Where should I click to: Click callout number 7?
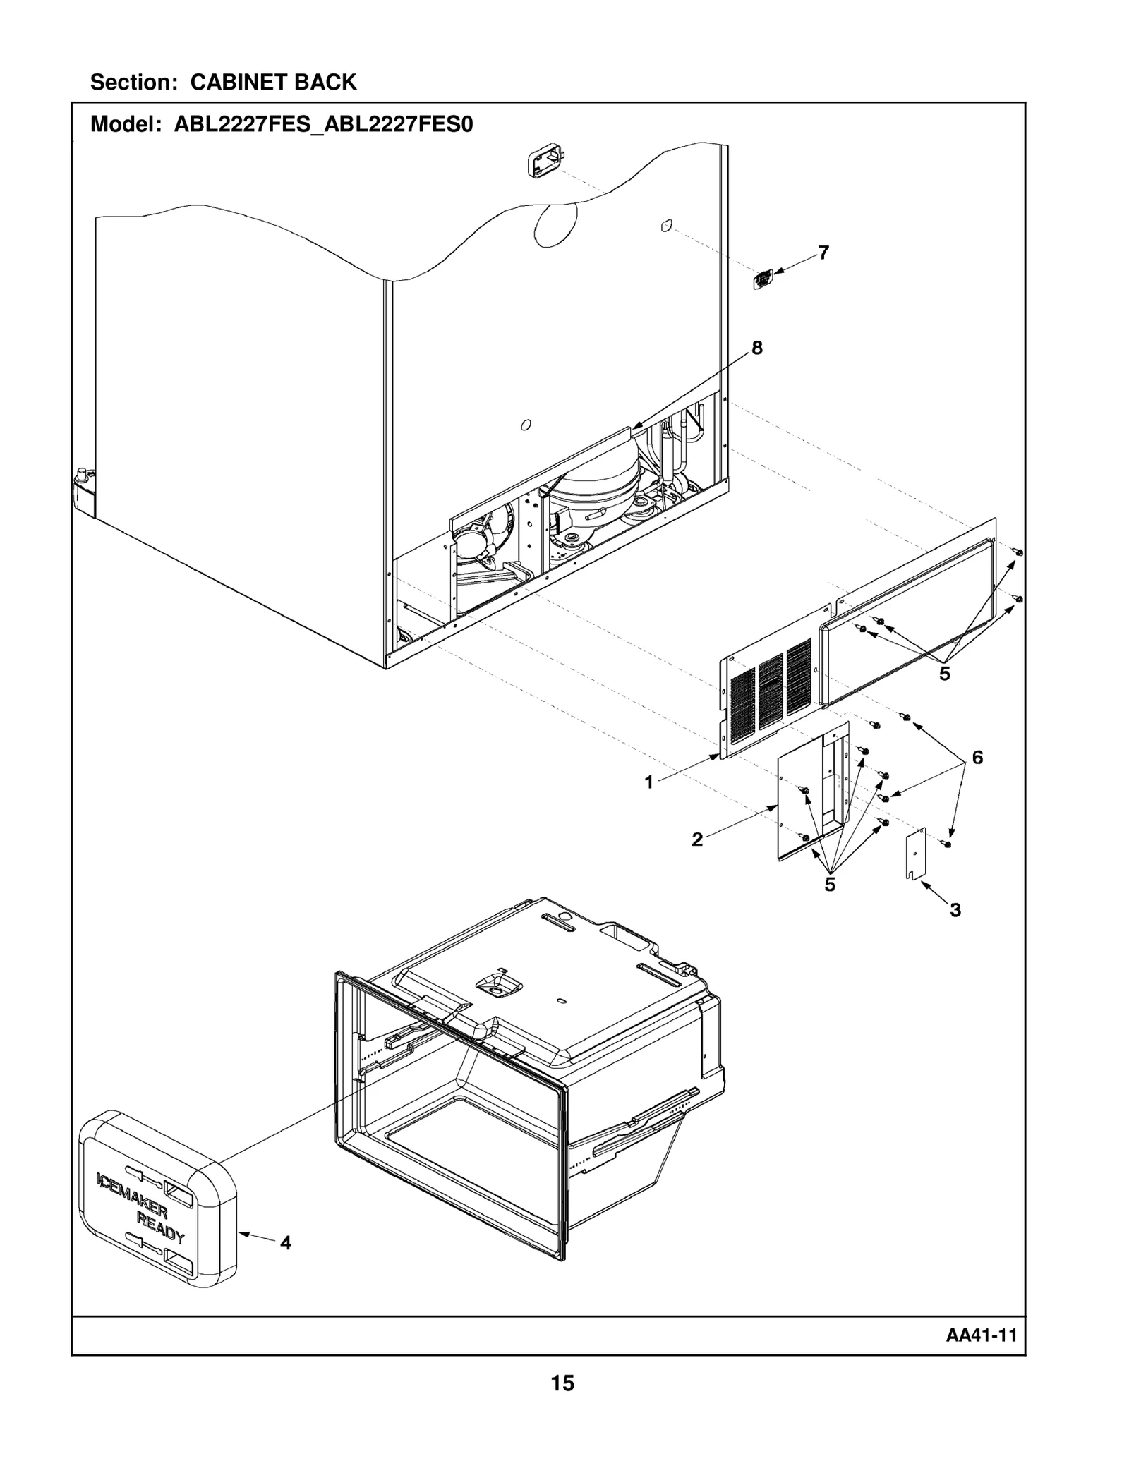pos(823,252)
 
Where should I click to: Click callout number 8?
pos(757,348)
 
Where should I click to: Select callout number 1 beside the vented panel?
pos(649,782)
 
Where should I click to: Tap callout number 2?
pos(697,839)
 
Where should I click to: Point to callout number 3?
pos(955,910)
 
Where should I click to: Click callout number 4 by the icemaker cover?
pos(286,1242)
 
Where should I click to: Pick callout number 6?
pos(977,758)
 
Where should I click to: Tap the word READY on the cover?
pos(160,1227)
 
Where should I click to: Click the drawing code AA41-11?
pos(981,1335)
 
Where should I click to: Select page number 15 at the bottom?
pos(562,1383)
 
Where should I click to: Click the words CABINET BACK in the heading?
pos(273,83)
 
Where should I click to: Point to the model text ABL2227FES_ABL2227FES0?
pos(323,125)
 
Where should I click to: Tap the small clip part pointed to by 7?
pos(762,279)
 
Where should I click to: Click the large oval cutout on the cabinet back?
pos(555,224)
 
